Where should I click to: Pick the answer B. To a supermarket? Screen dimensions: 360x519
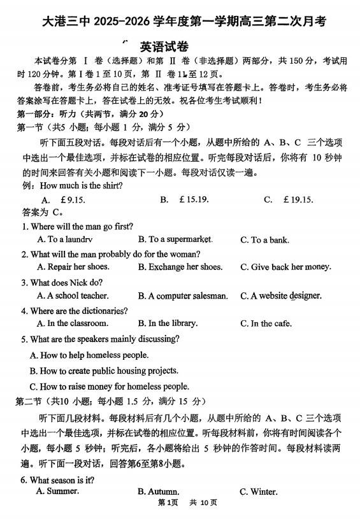(x=175, y=239)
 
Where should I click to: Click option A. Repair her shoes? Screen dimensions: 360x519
(x=73, y=267)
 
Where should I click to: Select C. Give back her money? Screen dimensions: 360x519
(x=286, y=267)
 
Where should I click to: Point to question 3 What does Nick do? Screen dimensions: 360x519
(x=62, y=282)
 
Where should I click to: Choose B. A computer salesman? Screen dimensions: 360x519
(x=183, y=295)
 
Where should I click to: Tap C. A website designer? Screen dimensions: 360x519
(x=281, y=295)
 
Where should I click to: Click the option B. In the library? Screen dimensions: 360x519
(x=168, y=323)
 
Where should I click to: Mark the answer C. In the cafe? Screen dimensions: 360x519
(x=266, y=323)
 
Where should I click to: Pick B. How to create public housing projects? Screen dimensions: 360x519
(x=104, y=370)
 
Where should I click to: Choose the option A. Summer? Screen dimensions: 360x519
(x=57, y=492)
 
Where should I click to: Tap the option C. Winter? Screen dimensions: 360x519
(x=258, y=492)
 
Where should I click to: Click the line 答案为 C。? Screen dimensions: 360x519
(x=42, y=212)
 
